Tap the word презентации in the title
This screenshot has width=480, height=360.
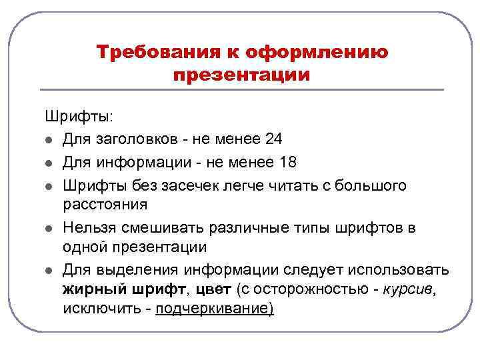pyautogui.click(x=241, y=74)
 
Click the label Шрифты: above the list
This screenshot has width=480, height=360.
pyautogui.click(x=79, y=117)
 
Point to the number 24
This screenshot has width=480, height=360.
pyautogui.click(x=273, y=139)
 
